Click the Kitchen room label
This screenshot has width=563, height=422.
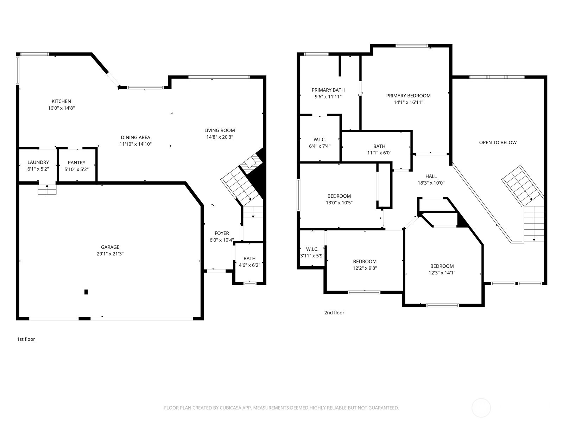coord(61,101)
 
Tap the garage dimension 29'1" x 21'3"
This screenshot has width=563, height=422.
coord(110,254)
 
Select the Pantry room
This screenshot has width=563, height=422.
coord(76,166)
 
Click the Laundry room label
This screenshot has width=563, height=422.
coord(38,162)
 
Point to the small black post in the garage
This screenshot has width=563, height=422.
coord(86,292)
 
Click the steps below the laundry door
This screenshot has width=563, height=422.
coord(47,190)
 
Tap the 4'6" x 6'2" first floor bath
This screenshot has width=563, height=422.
coord(249,262)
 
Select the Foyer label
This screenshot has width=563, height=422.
coord(222,233)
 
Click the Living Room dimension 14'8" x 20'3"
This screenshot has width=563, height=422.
coord(220,137)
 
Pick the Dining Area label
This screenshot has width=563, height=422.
coord(135,138)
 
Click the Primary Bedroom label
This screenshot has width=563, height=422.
coord(408,96)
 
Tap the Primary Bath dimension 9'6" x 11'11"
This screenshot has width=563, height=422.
coord(328,96)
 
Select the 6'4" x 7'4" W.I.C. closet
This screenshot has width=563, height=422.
coord(320,143)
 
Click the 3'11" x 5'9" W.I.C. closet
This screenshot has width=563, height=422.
coord(312,252)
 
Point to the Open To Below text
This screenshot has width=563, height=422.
coord(498,142)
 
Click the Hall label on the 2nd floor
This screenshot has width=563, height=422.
coord(431,176)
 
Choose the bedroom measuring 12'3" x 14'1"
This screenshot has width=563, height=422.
coord(442,269)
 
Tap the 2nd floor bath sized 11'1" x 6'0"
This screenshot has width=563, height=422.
coord(379,149)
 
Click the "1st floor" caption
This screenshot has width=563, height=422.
coord(26,339)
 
